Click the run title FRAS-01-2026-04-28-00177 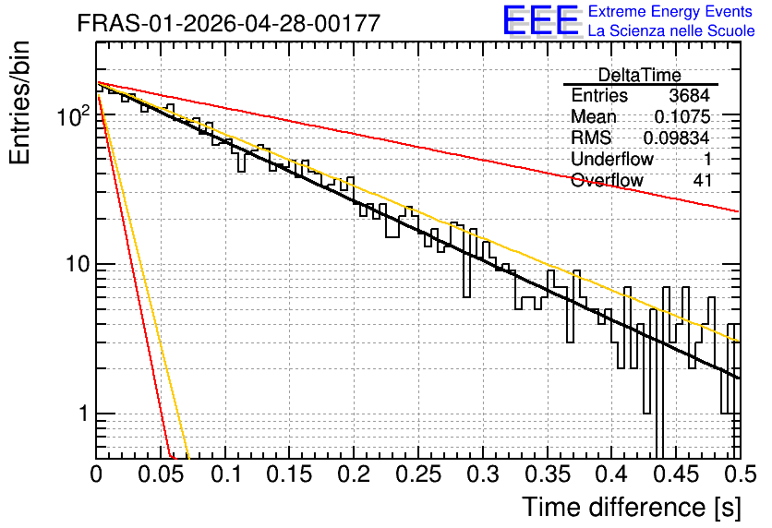229,23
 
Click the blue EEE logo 541,20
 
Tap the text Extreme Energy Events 670,11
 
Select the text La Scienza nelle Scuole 671,30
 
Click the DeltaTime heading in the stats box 639,75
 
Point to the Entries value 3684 689,95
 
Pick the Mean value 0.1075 682,116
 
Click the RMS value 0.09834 677,138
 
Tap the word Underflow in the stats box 612,159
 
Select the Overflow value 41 703,180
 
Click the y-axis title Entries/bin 19,102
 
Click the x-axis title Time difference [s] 632,508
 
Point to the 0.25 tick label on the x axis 418,474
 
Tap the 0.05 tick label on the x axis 161,474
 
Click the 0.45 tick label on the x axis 677,474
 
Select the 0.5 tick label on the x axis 741,474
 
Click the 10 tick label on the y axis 78,265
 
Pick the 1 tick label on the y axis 84,414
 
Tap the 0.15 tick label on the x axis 290,474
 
